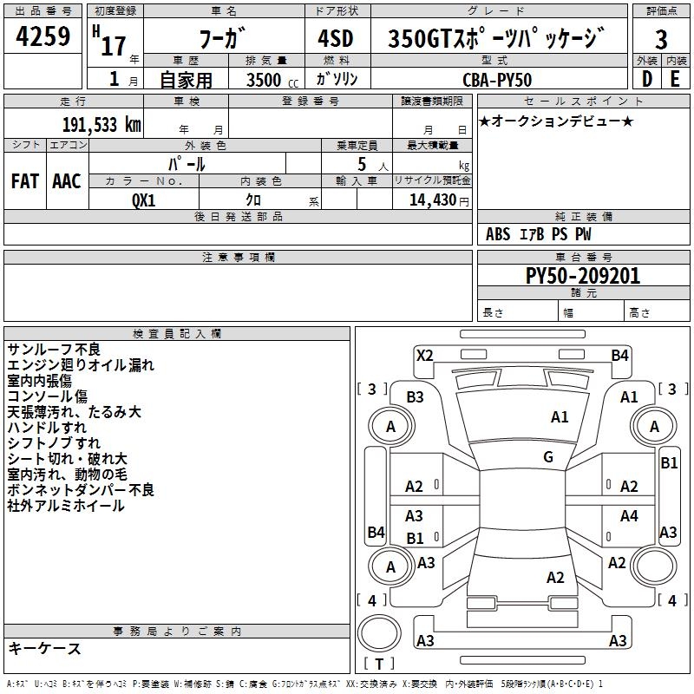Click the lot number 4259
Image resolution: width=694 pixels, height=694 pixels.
click(x=43, y=37)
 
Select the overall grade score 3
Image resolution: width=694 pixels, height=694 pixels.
click(x=661, y=40)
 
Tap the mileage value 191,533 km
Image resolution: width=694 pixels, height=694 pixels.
click(x=101, y=124)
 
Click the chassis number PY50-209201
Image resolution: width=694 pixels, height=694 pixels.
click(x=583, y=276)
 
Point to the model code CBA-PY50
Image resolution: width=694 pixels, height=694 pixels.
click(x=498, y=79)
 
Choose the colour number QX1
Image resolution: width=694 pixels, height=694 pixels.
click(x=144, y=199)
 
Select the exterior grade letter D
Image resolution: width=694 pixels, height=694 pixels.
click(x=646, y=78)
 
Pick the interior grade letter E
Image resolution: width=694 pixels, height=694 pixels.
click(x=675, y=78)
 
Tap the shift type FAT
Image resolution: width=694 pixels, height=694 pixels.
click(x=24, y=180)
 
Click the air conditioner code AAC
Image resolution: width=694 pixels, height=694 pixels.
click(x=66, y=180)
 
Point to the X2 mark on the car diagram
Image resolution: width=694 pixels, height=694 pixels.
click(x=424, y=355)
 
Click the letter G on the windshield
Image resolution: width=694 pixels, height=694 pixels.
click(x=548, y=456)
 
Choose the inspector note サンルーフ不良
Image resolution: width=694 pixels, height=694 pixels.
click(x=54, y=349)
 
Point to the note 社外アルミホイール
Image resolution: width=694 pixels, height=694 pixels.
click(x=66, y=506)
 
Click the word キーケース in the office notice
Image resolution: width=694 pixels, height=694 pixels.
click(x=45, y=649)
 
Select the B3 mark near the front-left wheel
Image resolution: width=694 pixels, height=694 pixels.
click(x=416, y=396)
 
